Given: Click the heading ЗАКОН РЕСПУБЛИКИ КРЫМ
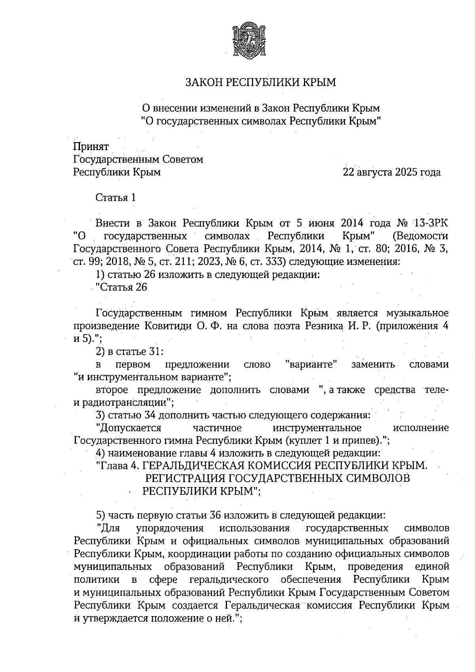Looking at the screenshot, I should point(261,82).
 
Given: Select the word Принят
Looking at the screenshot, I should point(91,147).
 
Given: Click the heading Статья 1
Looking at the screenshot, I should point(116,198).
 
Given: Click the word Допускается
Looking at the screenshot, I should point(129,428).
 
